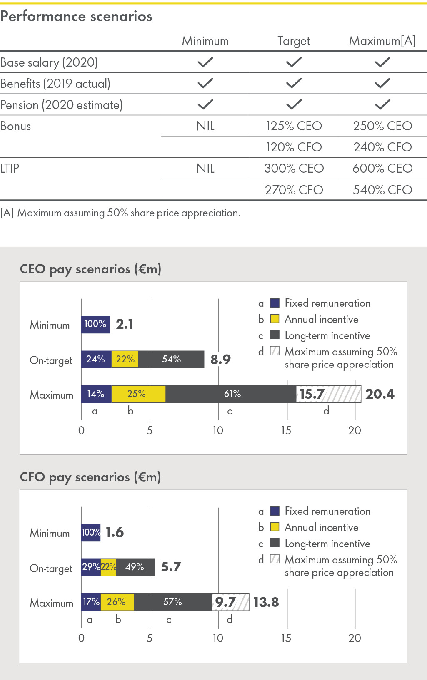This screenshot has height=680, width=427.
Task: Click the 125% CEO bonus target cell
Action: point(294,126)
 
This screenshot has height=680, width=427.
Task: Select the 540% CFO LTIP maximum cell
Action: point(382,190)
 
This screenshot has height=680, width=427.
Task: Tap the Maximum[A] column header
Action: point(382,41)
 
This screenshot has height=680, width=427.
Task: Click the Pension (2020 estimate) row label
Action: point(62,105)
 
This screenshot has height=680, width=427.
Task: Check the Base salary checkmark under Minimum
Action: point(205,62)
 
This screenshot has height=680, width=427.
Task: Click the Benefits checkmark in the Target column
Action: point(294,84)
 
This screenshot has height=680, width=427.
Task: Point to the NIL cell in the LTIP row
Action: point(205,169)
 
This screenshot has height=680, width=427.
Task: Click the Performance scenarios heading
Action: point(77,17)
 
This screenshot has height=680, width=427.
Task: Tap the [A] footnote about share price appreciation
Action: point(120,213)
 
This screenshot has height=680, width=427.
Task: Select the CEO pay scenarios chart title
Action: point(91,269)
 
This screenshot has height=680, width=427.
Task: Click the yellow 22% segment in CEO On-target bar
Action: point(125,359)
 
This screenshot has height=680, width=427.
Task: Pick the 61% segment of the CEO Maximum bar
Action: point(232,394)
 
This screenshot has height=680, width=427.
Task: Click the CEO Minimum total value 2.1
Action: point(125,324)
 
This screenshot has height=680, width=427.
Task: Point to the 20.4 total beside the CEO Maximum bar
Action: point(380,394)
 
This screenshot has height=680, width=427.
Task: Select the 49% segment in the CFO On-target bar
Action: point(135,567)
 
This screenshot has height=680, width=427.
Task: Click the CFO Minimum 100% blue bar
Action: point(91,532)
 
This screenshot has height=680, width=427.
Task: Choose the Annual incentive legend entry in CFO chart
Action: point(321,527)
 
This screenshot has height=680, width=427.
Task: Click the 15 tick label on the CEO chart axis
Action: point(286,430)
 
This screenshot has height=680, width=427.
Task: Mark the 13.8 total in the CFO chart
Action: point(266,602)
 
